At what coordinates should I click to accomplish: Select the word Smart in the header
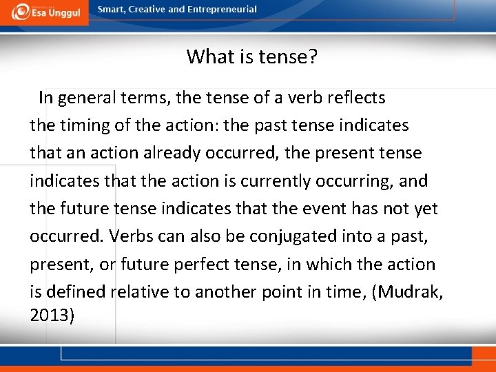pyautogui.click(x=112, y=10)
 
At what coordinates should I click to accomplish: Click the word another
pyautogui.click(x=224, y=292)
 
